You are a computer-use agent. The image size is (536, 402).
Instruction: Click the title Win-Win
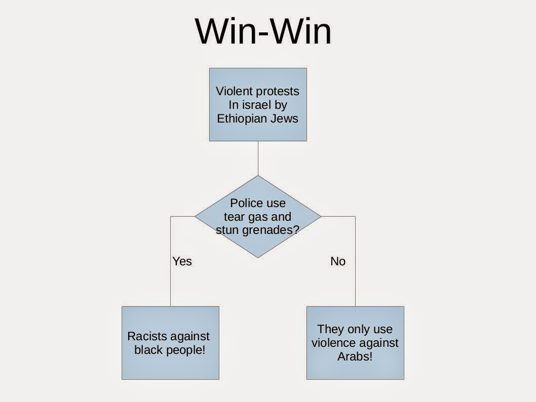coord(263,31)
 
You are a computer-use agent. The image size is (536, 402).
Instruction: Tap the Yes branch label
coord(182,261)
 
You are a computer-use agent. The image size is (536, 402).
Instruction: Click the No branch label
coord(338,261)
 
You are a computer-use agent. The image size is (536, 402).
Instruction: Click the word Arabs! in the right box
coord(355,356)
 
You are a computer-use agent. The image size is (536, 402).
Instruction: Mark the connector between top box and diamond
coord(258,158)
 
